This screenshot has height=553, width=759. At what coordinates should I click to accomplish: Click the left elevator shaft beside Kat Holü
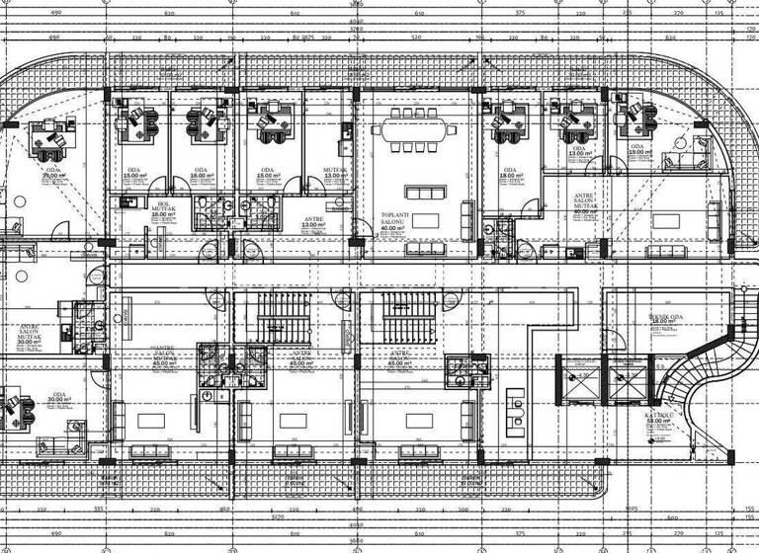[575, 381]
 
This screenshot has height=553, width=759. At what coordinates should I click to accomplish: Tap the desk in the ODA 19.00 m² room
[629, 120]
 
